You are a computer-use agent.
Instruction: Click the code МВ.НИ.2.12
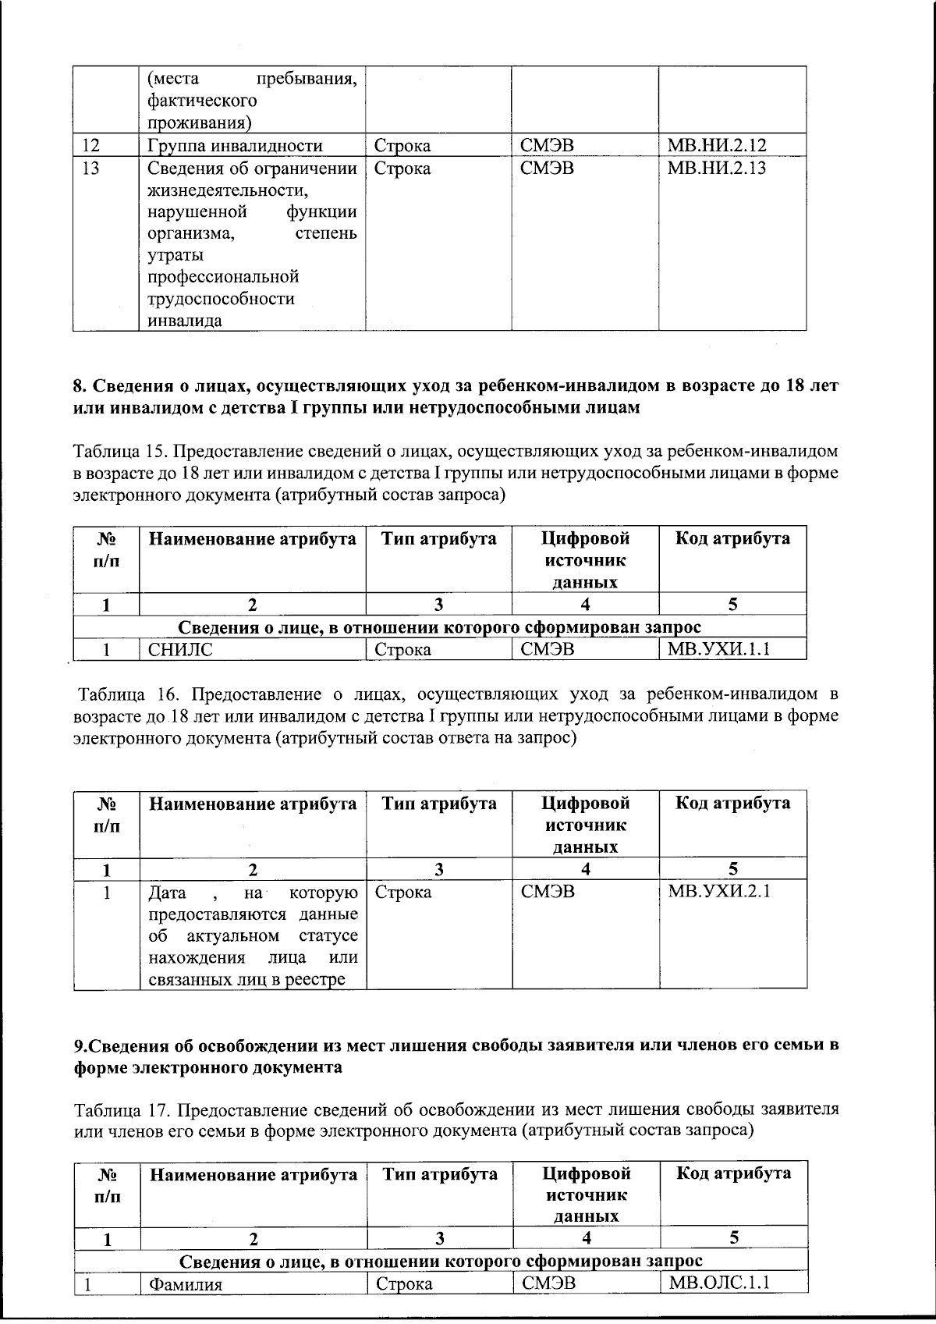coord(716,145)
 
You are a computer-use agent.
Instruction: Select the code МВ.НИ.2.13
coord(716,168)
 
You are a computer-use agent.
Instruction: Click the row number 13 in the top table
coord(90,168)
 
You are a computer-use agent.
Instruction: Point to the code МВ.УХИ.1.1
coord(718,648)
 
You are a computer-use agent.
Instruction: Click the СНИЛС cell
coord(180,649)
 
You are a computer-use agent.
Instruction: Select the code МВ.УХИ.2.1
coord(718,892)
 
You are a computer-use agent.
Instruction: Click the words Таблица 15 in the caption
coord(116,451)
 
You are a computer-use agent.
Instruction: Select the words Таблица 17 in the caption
coord(116,1109)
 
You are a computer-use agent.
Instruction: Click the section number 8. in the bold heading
coord(80,386)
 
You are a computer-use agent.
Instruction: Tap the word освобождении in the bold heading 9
coord(253,1045)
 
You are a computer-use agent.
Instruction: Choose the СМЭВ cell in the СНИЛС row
coord(547,648)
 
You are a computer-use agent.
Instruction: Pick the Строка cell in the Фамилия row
coord(404,1284)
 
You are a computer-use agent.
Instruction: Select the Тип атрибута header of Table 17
coord(439,1173)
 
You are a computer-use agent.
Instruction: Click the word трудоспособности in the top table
coord(221,299)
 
